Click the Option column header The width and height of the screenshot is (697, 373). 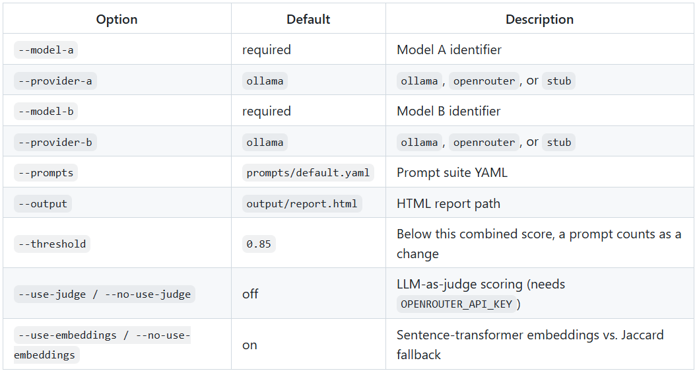[x=117, y=19]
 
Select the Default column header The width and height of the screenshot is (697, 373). [x=308, y=19]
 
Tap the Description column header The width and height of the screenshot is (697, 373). [x=540, y=19]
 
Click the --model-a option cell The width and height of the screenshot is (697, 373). [x=46, y=50]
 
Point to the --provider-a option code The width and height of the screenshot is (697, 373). [x=55, y=81]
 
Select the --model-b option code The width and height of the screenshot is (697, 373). [x=46, y=111]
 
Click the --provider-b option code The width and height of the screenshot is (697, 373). [x=55, y=142]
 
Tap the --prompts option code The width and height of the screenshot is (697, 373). [x=46, y=172]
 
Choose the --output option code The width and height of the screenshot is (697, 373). [x=43, y=203]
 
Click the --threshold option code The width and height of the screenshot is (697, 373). [x=52, y=244]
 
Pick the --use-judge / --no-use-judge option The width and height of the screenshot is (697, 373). [x=104, y=294]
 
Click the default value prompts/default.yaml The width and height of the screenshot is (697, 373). [x=308, y=172]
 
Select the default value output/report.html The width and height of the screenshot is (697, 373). [x=302, y=203]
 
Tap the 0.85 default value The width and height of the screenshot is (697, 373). [x=259, y=244]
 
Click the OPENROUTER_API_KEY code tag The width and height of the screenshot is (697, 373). [x=457, y=304]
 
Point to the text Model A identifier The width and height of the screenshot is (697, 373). [x=449, y=50]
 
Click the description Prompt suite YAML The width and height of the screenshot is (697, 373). [x=451, y=172]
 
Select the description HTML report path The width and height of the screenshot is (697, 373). [x=448, y=203]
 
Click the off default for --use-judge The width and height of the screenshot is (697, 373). [x=250, y=294]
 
